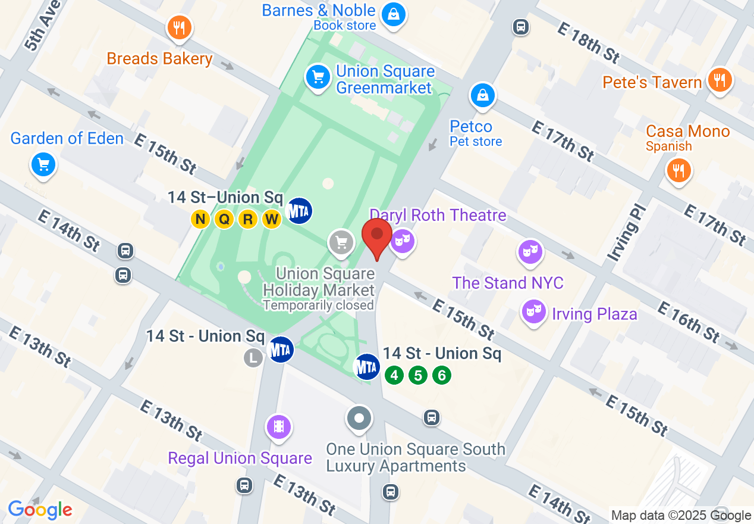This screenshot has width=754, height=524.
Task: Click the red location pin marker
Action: [x=377, y=236]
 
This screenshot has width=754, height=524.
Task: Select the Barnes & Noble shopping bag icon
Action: [x=393, y=13]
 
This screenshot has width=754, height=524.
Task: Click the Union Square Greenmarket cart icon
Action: [x=318, y=77]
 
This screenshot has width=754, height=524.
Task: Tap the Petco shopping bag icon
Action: [x=483, y=95]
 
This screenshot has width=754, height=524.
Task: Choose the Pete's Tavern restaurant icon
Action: [x=720, y=79]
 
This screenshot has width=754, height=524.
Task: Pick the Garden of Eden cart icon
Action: [x=43, y=164]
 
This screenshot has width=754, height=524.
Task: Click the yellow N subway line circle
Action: [x=200, y=219]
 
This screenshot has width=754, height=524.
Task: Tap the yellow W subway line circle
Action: [x=272, y=219]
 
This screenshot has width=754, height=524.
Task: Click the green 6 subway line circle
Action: [x=441, y=375]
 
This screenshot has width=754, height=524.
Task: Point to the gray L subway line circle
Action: [x=253, y=357]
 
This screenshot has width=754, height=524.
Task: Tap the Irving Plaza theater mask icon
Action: [x=533, y=311]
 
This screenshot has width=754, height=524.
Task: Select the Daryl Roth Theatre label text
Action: [x=438, y=215]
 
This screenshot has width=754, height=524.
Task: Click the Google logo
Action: [x=40, y=509]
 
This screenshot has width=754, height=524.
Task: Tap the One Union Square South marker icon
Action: [x=359, y=417]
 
